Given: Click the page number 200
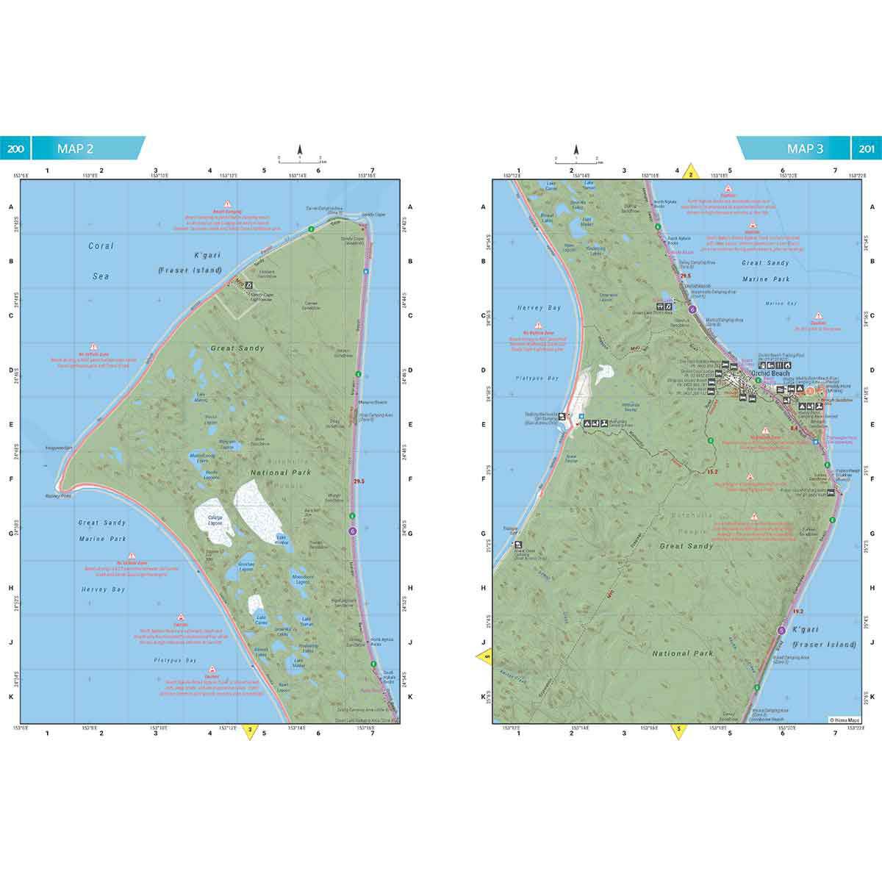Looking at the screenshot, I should point(16,148).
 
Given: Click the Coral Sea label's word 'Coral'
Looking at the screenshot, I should point(101,246).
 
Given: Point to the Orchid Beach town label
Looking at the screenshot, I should point(770,373).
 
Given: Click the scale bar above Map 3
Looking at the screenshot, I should point(576,159).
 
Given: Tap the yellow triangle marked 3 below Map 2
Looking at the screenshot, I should point(251,731).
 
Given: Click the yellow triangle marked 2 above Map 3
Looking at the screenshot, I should point(689,173).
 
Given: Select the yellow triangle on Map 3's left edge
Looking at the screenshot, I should point(484,656).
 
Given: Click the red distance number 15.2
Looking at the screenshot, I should point(711,471).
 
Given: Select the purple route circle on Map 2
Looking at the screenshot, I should point(353,531).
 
